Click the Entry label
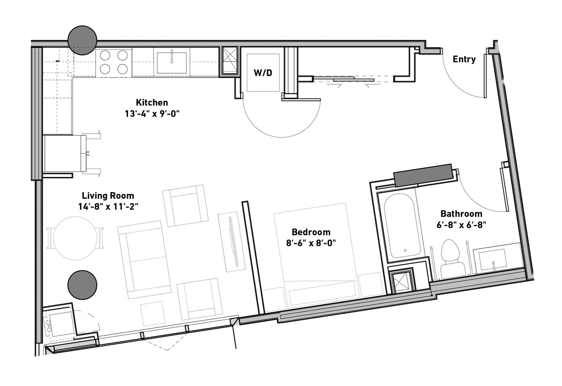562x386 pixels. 464,59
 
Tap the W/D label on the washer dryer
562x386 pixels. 263,73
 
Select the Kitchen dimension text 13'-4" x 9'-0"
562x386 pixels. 152,114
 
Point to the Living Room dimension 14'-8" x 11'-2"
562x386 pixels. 108,207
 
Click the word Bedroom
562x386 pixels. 311,232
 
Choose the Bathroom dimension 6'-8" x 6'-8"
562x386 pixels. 461,225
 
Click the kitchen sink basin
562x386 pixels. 172,63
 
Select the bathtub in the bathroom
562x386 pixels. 402,225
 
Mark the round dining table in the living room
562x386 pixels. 75,238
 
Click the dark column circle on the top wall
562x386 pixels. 82,40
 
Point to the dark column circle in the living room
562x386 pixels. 82,285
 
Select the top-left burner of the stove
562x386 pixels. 105,55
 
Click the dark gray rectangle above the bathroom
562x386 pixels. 423,175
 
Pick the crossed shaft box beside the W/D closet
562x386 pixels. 230,60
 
